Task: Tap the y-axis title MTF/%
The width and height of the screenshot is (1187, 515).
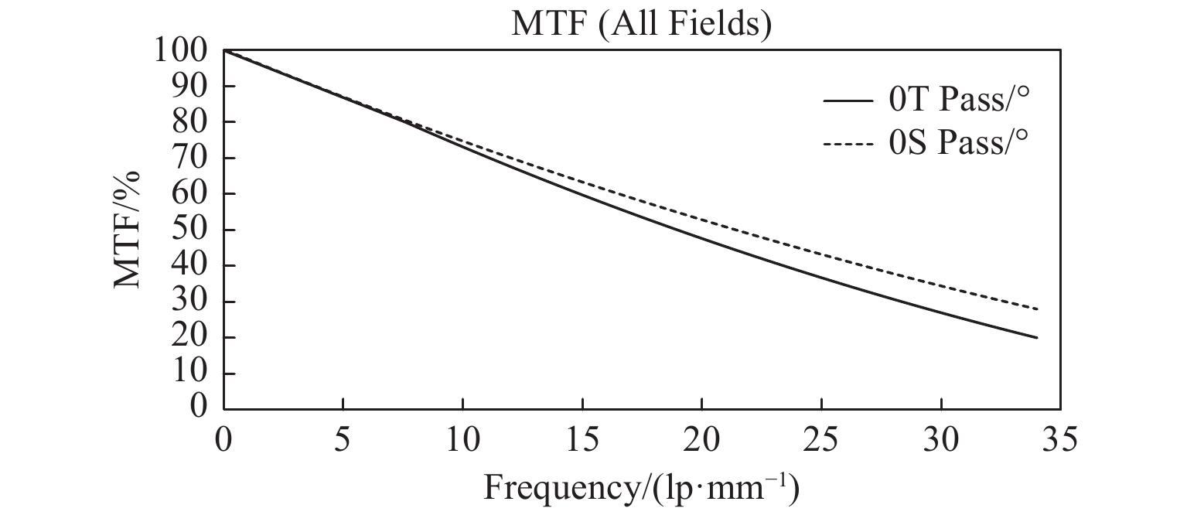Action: pyautogui.click(x=128, y=230)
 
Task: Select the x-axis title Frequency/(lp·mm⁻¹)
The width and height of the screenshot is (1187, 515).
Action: pyautogui.click(x=641, y=488)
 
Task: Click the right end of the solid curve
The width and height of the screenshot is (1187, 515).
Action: pyautogui.click(x=1036, y=337)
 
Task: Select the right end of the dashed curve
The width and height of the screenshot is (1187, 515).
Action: pyautogui.click(x=1036, y=309)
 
